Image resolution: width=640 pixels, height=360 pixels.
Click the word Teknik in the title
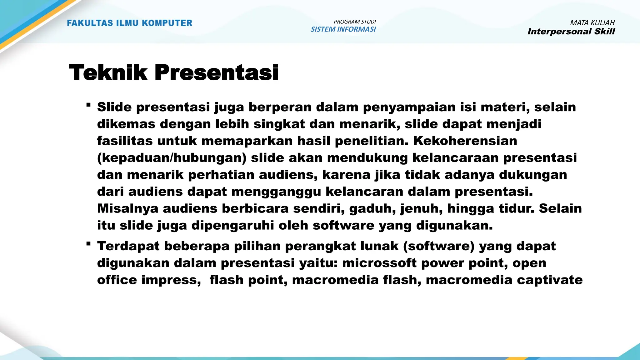coord(108,72)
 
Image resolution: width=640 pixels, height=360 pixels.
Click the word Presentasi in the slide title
coord(216,72)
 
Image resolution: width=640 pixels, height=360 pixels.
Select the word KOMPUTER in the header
coord(167,23)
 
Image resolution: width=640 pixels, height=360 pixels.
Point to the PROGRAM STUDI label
coord(355,22)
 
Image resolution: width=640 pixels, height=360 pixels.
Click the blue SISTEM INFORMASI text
coord(343,29)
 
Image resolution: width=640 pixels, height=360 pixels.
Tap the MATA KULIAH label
coord(592,23)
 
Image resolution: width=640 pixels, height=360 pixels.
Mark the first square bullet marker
coord(89,105)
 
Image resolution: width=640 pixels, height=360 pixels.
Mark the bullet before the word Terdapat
coord(89,244)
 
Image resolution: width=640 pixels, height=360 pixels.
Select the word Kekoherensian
coord(465,141)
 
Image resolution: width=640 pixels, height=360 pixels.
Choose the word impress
coord(171,280)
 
